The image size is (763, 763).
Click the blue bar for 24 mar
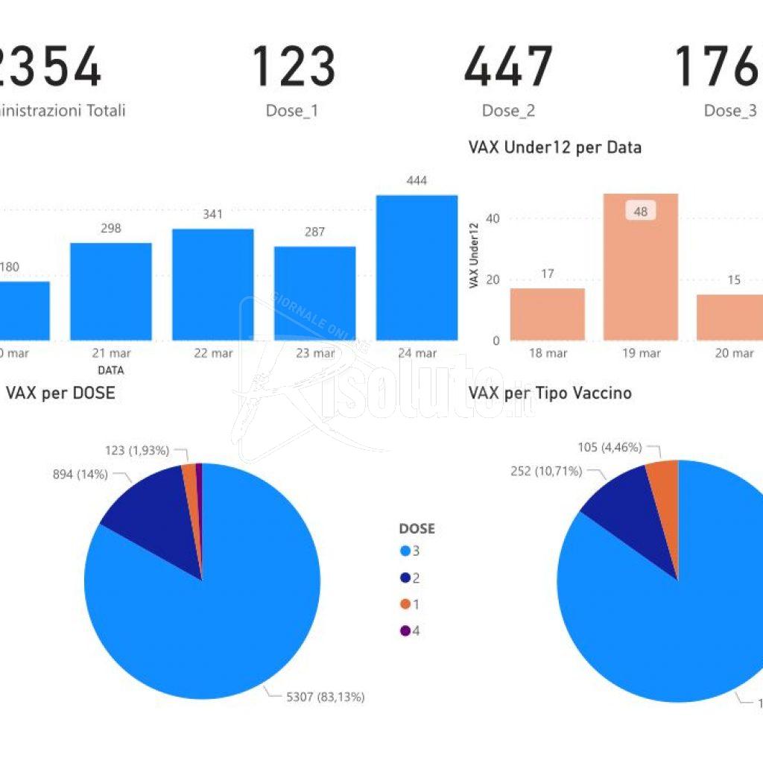tap(417, 267)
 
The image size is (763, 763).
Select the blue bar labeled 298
tap(111, 291)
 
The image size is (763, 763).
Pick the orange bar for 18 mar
tap(547, 314)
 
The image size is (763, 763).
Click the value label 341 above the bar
tap(212, 215)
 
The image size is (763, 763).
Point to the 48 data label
tap(640, 212)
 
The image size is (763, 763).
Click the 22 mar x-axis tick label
tap(213, 353)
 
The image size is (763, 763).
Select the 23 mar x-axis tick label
tap(315, 353)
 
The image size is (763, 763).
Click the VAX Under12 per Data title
tap(554, 148)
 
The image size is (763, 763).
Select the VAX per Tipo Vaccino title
tap(549, 393)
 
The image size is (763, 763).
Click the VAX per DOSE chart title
tap(60, 393)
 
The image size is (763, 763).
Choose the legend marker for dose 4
tap(405, 631)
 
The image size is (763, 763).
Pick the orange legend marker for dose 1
tap(405, 604)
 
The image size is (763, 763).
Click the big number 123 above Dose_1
tap(293, 66)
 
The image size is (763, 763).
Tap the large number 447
tap(508, 66)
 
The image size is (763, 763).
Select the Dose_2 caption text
tap(508, 111)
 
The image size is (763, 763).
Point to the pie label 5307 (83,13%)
tap(326, 697)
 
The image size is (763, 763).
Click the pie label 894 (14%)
tap(80, 474)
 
